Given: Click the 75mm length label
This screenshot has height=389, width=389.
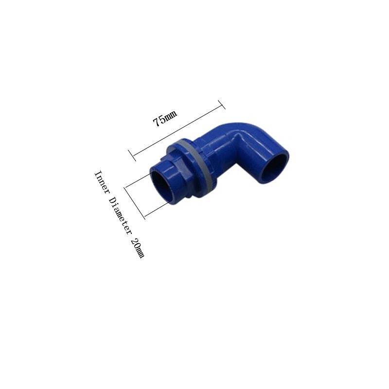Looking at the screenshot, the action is point(165,118).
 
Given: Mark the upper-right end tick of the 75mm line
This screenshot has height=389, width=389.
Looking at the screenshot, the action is point(222,105).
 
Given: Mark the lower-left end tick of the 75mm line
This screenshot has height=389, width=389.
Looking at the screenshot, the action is point(132,155).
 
